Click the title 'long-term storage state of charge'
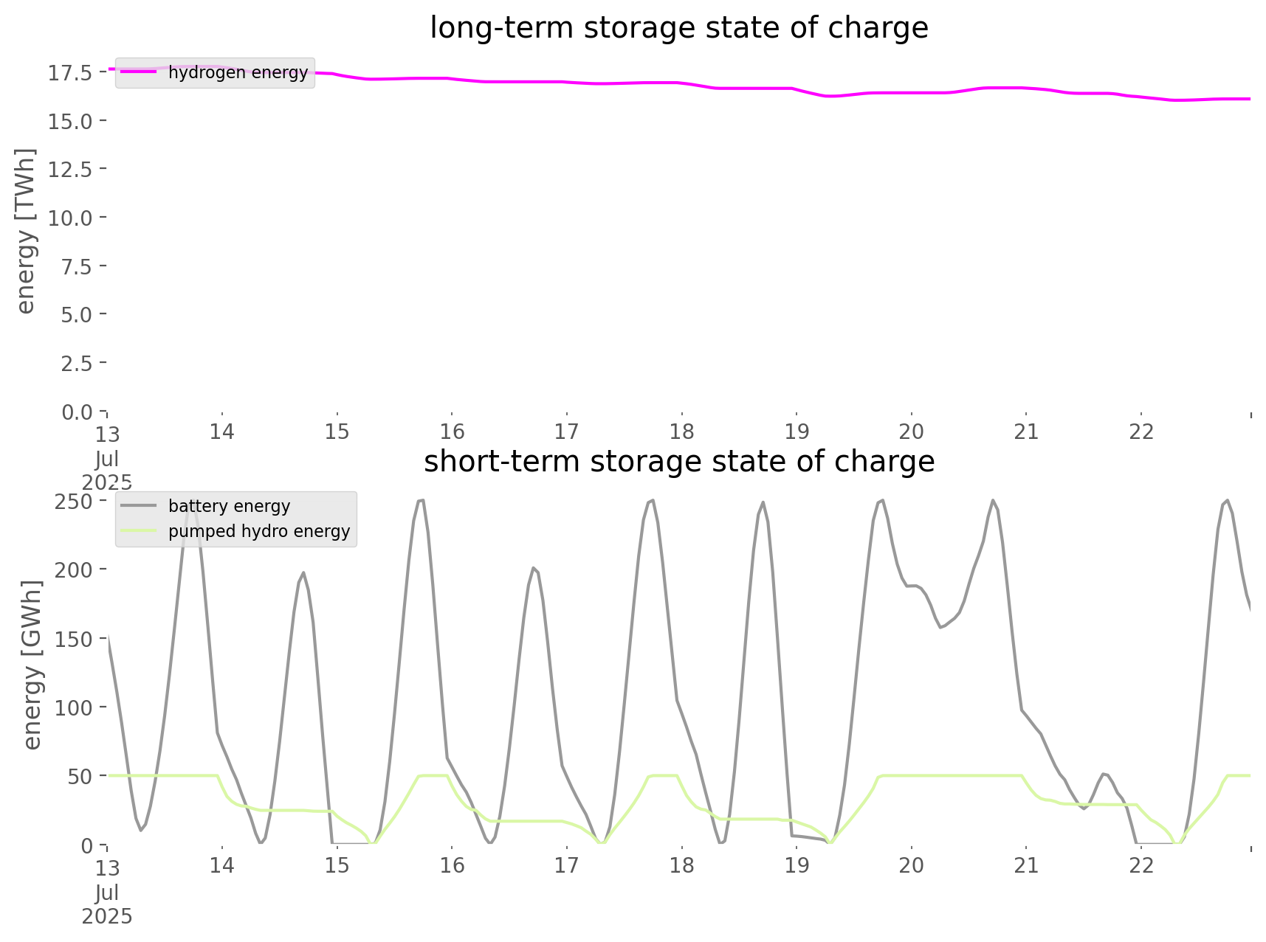(x=678, y=28)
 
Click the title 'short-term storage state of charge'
(x=678, y=462)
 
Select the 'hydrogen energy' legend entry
(x=238, y=72)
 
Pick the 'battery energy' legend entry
(x=229, y=506)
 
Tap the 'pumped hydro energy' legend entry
(x=258, y=531)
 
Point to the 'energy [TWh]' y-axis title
(x=26, y=231)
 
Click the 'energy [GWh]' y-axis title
(x=32, y=665)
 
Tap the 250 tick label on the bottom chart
(x=73, y=501)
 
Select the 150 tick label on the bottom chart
(x=73, y=639)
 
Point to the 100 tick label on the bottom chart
(x=73, y=707)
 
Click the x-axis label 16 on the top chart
(x=452, y=432)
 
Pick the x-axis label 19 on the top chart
(x=797, y=432)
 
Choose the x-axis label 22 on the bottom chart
(x=1141, y=865)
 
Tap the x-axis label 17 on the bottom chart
(x=566, y=865)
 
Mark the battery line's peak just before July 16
(x=421, y=500)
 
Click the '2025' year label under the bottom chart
(x=107, y=917)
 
